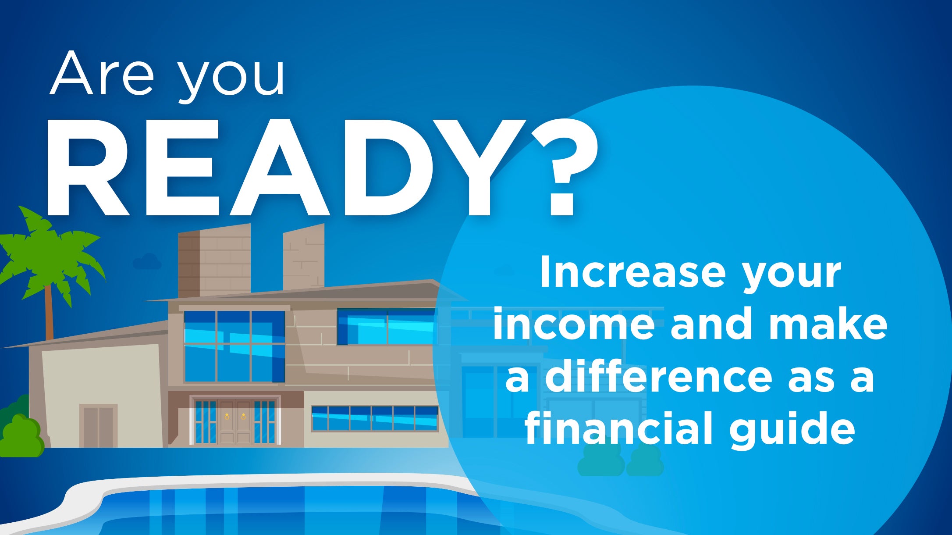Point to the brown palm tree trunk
point(49,311)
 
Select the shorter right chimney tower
point(304,257)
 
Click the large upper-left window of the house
point(234,346)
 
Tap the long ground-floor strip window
point(375,418)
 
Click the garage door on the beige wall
point(99,426)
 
